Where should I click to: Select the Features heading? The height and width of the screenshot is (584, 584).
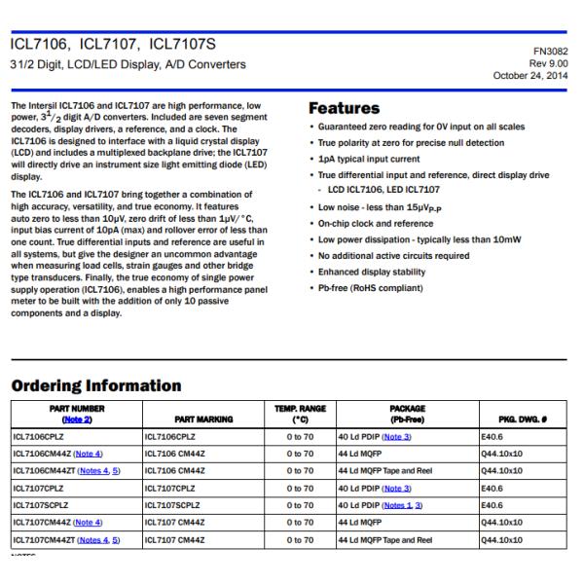tap(345, 109)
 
